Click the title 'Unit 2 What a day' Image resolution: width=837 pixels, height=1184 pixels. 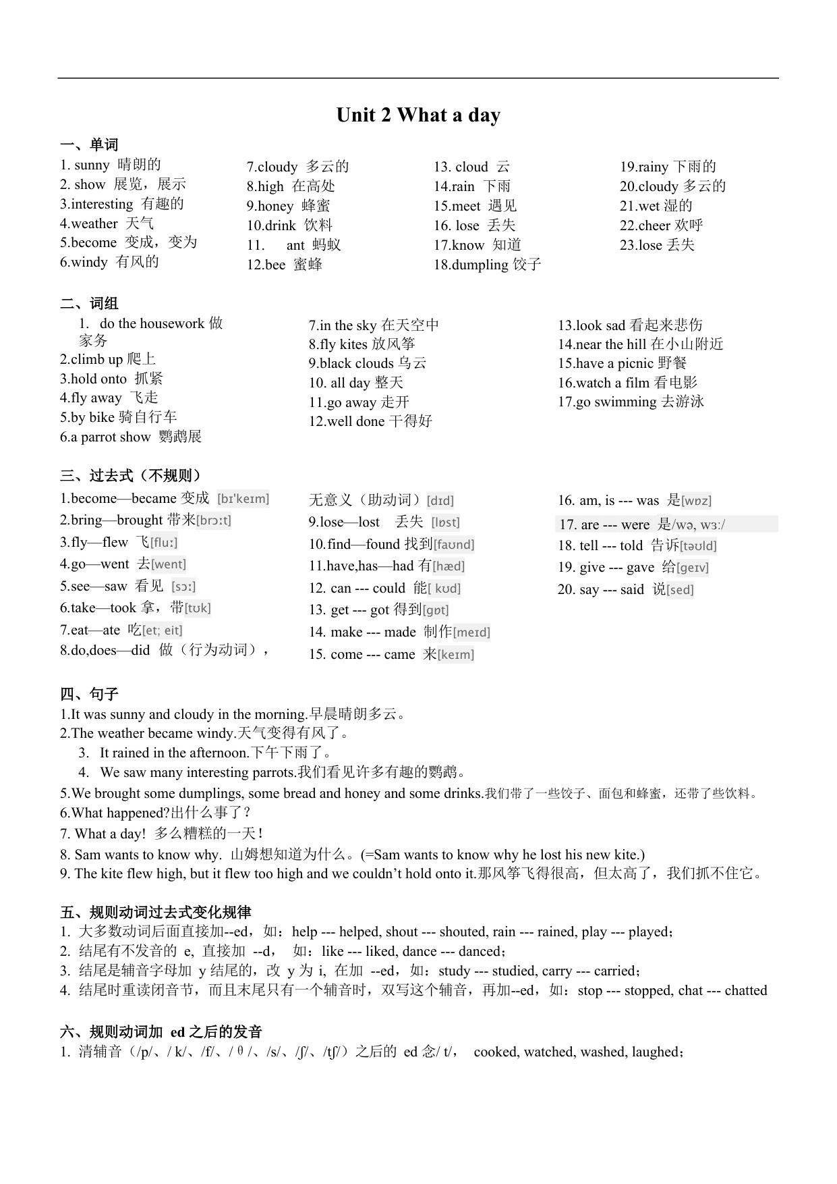tap(418, 115)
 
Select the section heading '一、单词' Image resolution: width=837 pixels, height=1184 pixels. tap(89, 144)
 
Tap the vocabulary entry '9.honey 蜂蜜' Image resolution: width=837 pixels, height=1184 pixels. tap(288, 206)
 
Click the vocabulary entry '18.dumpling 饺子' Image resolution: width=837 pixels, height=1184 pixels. tap(487, 264)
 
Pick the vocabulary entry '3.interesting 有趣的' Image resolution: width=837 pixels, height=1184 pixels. tap(121, 204)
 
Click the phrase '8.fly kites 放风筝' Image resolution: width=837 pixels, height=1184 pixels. tap(362, 344)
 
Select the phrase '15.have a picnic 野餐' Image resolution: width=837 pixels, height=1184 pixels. tap(622, 363)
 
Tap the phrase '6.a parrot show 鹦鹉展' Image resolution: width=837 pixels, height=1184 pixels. tap(131, 437)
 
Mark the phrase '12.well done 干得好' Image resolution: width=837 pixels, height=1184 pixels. tap(370, 421)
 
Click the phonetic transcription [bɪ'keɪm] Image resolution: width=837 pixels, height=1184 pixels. tap(243, 499)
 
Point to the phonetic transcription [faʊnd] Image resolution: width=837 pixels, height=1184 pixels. tap(454, 544)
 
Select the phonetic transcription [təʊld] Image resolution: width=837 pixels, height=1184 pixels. tap(698, 545)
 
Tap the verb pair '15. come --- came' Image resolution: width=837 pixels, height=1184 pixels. tap(362, 654)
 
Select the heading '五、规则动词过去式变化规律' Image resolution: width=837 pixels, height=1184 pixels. tap(156, 913)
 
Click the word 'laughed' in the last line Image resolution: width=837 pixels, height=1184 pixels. tap(657, 1052)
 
